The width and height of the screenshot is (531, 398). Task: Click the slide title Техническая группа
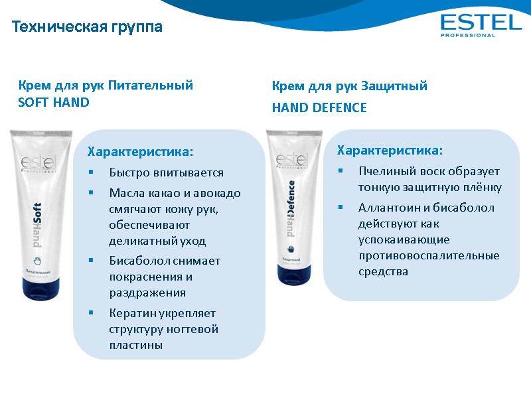87,27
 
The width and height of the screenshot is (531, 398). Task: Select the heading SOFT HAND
54,103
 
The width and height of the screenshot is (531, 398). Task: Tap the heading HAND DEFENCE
319,107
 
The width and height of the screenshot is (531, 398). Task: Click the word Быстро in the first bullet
127,173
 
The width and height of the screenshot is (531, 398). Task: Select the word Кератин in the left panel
131,312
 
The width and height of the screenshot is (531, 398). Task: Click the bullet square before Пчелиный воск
340,170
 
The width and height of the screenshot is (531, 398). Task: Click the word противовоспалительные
429,255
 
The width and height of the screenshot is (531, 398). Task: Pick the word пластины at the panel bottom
136,346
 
